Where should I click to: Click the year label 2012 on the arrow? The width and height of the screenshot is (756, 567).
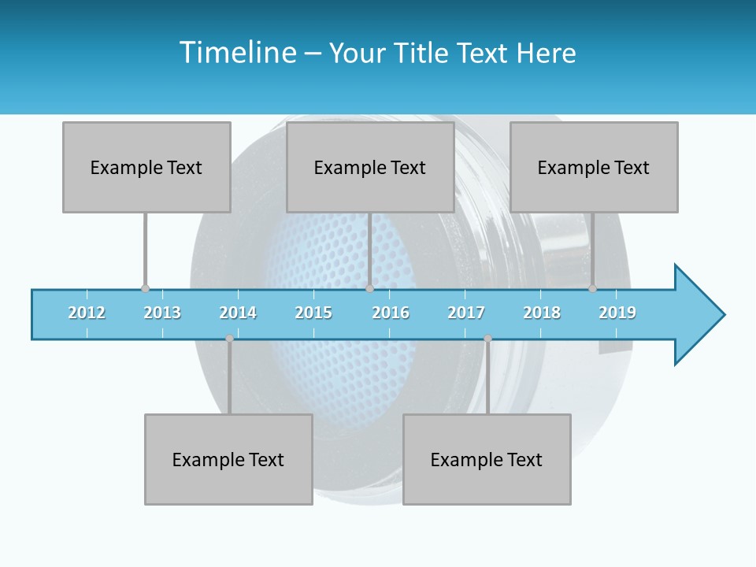87,313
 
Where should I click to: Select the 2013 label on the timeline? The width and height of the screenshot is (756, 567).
162,313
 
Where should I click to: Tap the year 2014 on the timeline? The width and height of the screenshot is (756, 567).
238,313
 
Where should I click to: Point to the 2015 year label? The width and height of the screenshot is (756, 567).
313,313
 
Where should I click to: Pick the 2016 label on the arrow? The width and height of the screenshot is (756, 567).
391,313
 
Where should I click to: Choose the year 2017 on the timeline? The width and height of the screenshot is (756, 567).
466,313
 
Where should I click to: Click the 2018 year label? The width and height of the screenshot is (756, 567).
542,313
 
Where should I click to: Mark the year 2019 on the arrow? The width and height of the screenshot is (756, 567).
617,313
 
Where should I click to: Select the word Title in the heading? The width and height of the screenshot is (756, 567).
422,53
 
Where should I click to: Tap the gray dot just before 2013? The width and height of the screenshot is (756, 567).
145,289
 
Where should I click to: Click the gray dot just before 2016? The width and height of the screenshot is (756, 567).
369,289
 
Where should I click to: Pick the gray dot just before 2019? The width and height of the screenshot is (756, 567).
593,289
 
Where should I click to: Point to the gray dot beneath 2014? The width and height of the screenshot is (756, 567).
229,339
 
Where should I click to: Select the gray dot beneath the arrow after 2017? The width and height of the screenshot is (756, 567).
487,339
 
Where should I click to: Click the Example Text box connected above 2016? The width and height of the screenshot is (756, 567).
370,167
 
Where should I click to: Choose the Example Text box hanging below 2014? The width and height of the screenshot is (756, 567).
228,459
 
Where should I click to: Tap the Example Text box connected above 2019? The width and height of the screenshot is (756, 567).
594,167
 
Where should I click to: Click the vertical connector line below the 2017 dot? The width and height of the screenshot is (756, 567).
487,378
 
